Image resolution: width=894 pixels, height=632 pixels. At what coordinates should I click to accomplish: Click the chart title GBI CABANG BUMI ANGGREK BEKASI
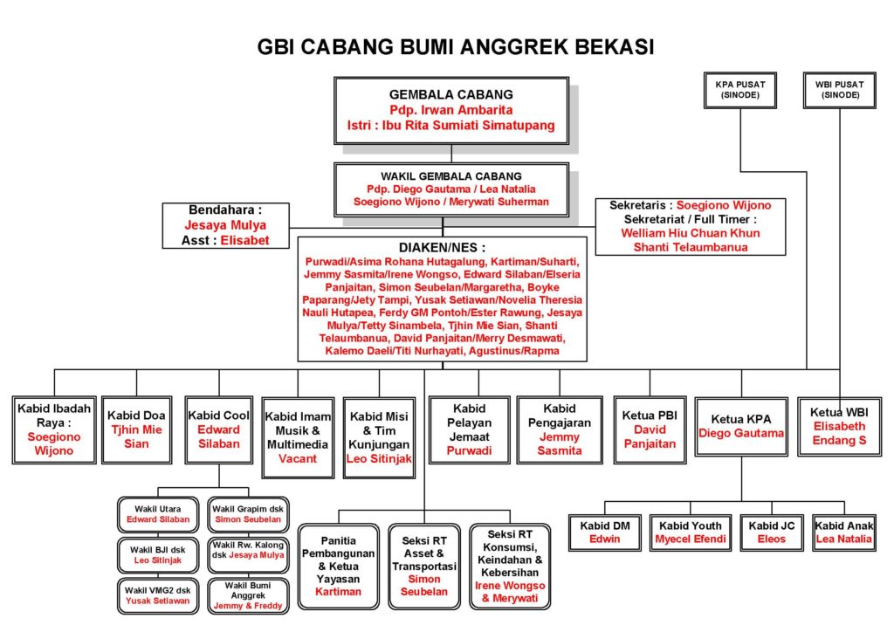click(456, 46)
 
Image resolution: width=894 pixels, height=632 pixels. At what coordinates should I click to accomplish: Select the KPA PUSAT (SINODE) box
click(741, 90)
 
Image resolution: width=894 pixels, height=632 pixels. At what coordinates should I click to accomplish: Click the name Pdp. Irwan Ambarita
click(451, 110)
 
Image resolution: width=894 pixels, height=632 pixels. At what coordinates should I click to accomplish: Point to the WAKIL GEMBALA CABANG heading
click(451, 175)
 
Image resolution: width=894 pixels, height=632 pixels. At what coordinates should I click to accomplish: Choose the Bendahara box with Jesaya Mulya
click(225, 225)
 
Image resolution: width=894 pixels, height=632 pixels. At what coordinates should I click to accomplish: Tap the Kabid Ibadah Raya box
click(55, 429)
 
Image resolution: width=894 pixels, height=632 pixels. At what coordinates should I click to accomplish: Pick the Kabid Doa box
click(136, 429)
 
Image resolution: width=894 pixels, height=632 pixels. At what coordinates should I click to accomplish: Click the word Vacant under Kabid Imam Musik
click(298, 458)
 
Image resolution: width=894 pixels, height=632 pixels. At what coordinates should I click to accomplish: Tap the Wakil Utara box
click(158, 514)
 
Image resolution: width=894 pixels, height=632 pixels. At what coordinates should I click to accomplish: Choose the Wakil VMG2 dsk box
click(158, 595)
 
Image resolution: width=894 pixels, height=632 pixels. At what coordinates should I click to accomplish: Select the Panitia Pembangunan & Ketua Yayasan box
click(338, 566)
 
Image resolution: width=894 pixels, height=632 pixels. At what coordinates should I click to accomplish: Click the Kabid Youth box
click(690, 532)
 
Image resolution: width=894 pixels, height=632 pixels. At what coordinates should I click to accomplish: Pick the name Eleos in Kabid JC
click(772, 539)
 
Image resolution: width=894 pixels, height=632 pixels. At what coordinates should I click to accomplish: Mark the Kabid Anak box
click(843, 532)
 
